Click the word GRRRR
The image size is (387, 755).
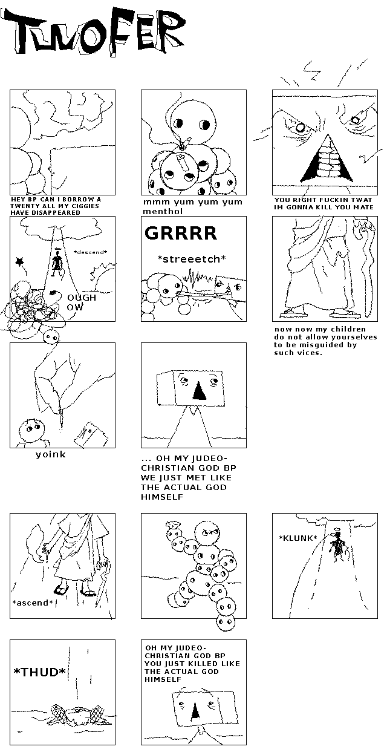181,233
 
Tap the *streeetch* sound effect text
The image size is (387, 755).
192,259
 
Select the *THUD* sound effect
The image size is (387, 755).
40,672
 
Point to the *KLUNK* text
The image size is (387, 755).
298,538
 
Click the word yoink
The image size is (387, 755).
51,455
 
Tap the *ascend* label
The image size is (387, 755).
33,603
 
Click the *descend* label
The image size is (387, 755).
90,252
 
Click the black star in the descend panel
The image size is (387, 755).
20,261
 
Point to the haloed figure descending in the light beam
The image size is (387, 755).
57,263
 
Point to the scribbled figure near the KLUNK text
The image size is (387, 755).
337,547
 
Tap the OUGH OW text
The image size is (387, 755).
81,302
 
